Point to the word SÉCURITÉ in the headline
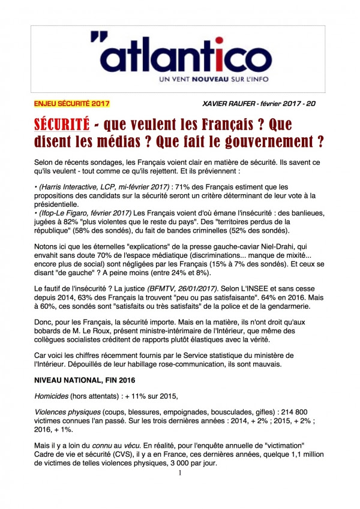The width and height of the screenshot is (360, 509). point(62,125)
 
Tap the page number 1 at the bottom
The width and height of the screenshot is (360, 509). point(179,472)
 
